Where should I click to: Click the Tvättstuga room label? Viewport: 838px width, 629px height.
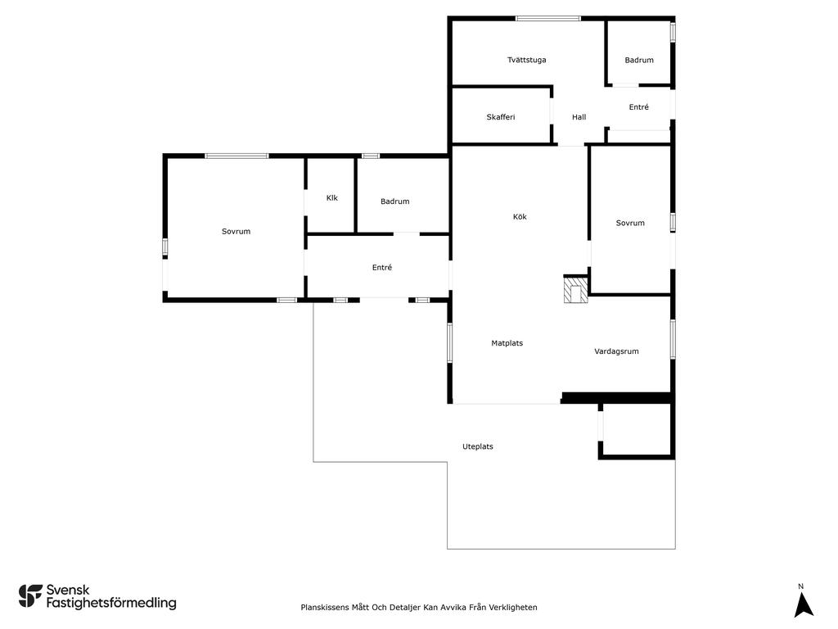tap(526, 60)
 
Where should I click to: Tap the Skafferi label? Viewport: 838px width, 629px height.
tap(501, 117)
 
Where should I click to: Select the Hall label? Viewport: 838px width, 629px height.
tap(579, 117)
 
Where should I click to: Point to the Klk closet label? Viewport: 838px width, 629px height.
tap(332, 198)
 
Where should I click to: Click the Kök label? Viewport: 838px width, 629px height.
tap(520, 216)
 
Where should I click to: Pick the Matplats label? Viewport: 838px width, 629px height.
tap(507, 343)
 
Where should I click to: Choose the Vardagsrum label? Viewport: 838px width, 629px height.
tap(616, 351)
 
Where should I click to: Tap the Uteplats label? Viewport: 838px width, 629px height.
tap(478, 446)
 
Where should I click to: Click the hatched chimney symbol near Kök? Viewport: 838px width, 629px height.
tap(575, 289)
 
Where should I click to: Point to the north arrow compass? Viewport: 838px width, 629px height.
tap(803, 600)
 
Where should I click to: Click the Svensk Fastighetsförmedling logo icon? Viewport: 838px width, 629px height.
tap(30, 596)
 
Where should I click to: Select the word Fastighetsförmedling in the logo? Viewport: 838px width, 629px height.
tap(111, 603)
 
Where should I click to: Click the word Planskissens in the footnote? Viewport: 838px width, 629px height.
tap(324, 607)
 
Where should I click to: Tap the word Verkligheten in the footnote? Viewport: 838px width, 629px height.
tap(513, 607)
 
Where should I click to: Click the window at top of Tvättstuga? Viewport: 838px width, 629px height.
tap(547, 19)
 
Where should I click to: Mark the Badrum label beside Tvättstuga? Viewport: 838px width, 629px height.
tap(639, 60)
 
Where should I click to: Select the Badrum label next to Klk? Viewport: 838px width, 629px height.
tap(395, 201)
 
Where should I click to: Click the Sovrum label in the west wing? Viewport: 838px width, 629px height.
tap(237, 232)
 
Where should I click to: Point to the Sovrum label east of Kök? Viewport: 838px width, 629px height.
tap(630, 223)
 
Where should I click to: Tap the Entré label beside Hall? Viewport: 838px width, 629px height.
tap(638, 107)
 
